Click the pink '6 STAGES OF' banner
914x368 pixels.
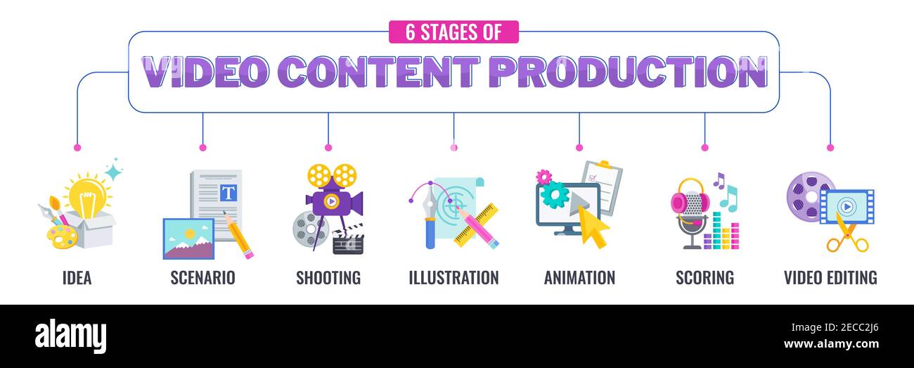453,32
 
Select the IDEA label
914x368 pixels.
77,278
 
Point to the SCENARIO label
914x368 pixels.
202,278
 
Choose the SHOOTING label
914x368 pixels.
328,278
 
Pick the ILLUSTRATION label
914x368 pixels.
453,278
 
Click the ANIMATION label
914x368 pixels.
579,278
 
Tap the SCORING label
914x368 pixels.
704,278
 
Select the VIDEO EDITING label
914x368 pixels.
830,278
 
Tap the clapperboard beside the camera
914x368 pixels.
347,240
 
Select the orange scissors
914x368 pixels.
846,236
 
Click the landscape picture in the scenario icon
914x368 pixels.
188,239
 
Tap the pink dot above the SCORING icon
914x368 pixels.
704,148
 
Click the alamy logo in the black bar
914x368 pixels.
70,336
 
